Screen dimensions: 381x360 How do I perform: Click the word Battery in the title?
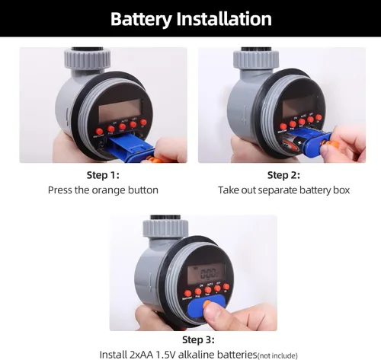(x=141, y=19)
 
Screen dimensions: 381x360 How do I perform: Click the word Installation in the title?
(x=224, y=19)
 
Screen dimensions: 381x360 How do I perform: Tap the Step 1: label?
(x=103, y=175)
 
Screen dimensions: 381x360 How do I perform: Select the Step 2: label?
(x=283, y=175)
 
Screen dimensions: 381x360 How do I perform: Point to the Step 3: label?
(x=198, y=340)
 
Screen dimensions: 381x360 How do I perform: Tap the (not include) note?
(x=277, y=355)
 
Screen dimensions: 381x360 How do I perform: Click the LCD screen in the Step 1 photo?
(x=120, y=110)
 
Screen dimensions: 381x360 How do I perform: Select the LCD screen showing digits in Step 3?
(x=206, y=273)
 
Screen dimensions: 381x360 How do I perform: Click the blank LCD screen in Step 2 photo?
(x=299, y=107)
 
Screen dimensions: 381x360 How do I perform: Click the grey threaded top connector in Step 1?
(x=87, y=59)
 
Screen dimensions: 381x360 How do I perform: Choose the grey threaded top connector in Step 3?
(x=165, y=227)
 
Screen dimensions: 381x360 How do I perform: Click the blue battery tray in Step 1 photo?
(x=130, y=147)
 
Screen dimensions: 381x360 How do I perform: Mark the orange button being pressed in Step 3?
(x=207, y=304)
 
